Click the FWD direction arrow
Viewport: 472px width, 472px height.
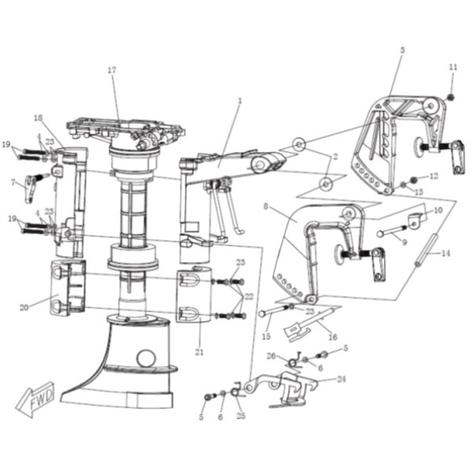pyautogui.click(x=35, y=399)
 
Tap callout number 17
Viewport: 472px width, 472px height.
pyautogui.click(x=112, y=70)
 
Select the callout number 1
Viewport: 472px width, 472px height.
pyautogui.click(x=240, y=101)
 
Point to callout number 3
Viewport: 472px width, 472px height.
pyautogui.click(x=403, y=50)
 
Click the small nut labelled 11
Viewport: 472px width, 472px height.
pyautogui.click(x=451, y=98)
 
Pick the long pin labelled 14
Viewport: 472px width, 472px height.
pyautogui.click(x=426, y=250)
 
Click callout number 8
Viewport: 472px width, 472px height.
pyautogui.click(x=266, y=206)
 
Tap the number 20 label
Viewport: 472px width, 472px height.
pyautogui.click(x=24, y=308)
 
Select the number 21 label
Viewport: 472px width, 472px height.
pyautogui.click(x=199, y=352)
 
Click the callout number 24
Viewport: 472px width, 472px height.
pyautogui.click(x=341, y=379)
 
